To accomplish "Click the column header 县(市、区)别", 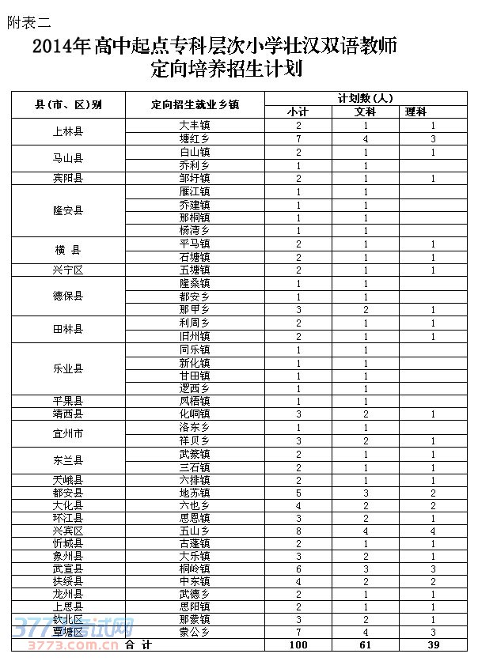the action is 69,104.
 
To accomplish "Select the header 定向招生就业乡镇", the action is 195,104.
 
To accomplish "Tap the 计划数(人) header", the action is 366,98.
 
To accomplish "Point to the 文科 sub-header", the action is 366,111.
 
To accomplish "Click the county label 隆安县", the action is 69,210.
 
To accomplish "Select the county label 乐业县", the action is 69,368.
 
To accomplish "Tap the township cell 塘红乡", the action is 195,138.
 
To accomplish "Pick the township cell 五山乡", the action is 195,531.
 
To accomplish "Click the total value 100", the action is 299,645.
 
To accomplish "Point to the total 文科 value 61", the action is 366,645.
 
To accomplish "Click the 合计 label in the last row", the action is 138,645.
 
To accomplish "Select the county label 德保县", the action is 69,296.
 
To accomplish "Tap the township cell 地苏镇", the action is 195,492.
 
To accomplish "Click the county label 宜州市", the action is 69,433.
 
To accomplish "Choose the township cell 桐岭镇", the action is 195,569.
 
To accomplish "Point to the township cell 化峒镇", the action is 195,414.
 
